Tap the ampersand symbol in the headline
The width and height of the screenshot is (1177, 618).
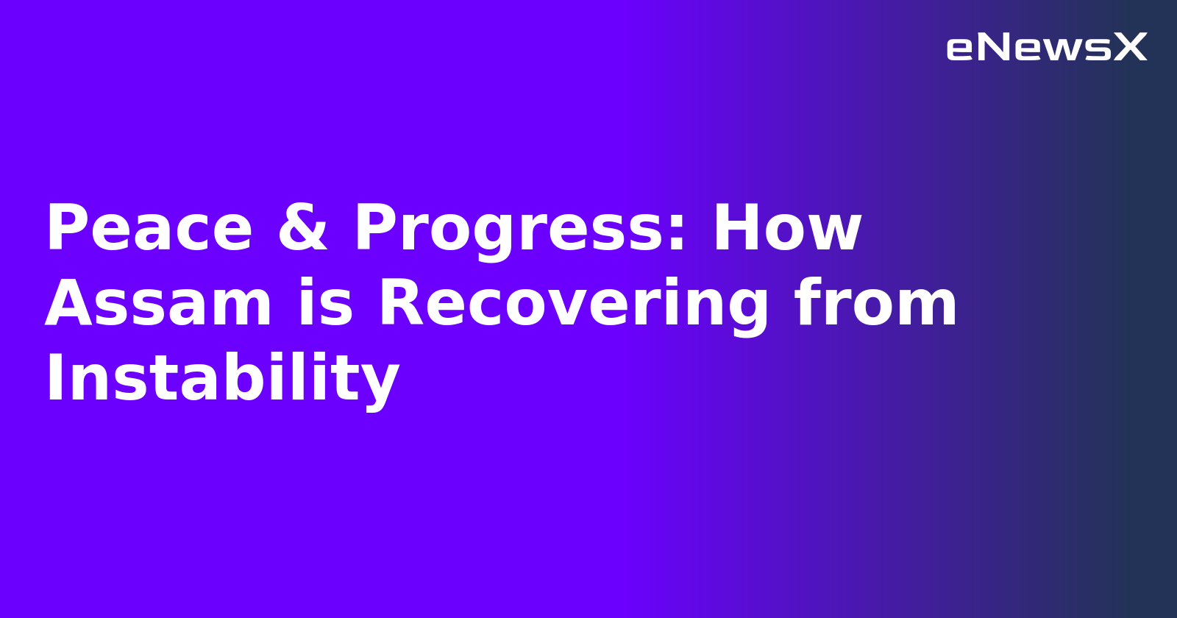point(302,229)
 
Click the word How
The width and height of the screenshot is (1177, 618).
point(786,229)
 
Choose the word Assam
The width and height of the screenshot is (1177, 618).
point(158,304)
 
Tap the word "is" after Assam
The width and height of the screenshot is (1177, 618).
point(324,304)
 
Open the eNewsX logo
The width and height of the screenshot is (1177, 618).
point(1046,48)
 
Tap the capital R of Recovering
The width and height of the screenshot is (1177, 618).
point(401,304)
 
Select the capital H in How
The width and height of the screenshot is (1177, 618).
point(736,229)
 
